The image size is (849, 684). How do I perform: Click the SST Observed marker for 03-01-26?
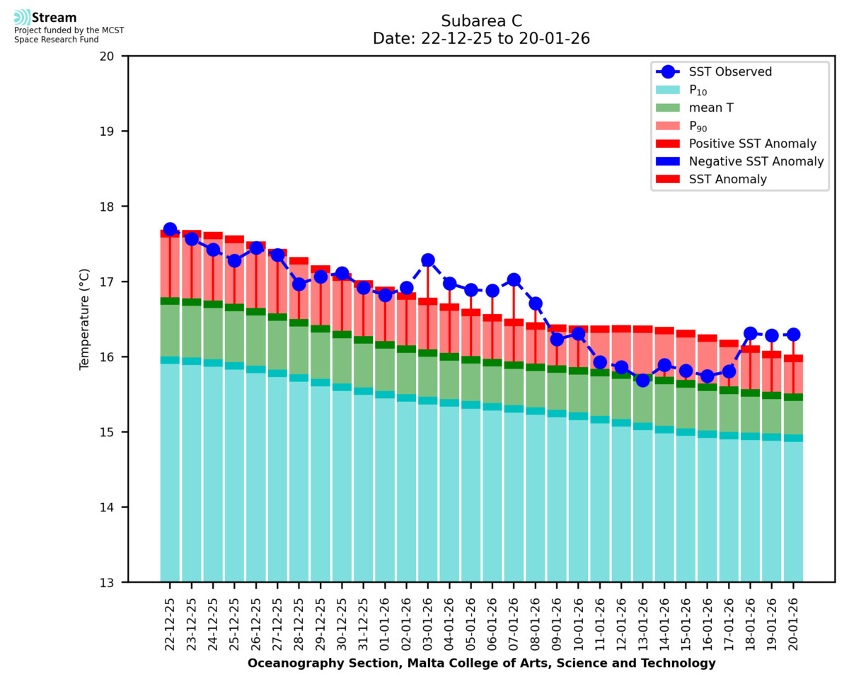pyautogui.click(x=427, y=261)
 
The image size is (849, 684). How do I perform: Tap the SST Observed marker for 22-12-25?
pyautogui.click(x=170, y=229)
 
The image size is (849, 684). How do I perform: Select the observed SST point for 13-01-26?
pyautogui.click(x=642, y=380)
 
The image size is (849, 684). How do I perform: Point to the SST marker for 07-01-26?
pyautogui.click(x=514, y=279)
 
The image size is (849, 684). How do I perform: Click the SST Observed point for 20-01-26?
pyautogui.click(x=793, y=335)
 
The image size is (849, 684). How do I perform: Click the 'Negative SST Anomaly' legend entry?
pyautogui.click(x=756, y=161)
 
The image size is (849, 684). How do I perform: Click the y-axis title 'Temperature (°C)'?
pyautogui.click(x=85, y=319)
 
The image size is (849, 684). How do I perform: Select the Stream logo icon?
pyautogui.click(x=23, y=18)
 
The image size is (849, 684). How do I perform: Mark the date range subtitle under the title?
pyautogui.click(x=481, y=38)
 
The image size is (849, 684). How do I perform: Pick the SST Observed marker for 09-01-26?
pyautogui.click(x=557, y=340)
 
